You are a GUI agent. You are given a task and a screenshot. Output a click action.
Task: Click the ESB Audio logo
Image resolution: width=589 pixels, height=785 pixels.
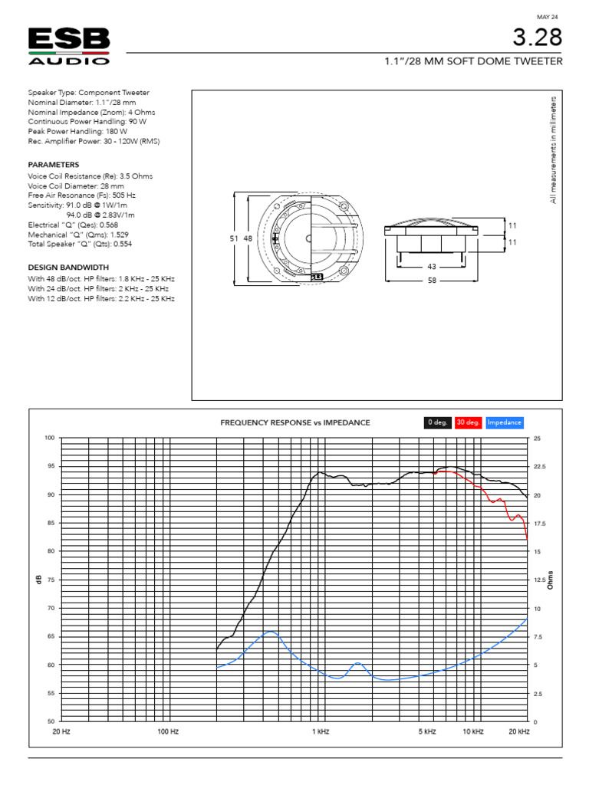pyautogui.click(x=69, y=46)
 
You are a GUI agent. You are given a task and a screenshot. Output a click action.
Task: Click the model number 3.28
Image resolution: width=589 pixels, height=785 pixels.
pyautogui.click(x=540, y=37)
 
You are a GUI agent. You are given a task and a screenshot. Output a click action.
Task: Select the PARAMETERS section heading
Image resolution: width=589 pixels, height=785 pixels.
pyautogui.click(x=53, y=165)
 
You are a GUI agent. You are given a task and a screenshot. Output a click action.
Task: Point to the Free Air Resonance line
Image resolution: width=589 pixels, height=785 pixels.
pyautogui.click(x=77, y=196)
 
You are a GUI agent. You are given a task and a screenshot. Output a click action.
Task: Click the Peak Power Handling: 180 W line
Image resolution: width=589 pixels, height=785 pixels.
pyautogui.click(x=77, y=131)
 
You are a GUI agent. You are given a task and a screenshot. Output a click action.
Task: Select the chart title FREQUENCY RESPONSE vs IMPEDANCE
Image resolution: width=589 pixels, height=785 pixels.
pyautogui.click(x=295, y=422)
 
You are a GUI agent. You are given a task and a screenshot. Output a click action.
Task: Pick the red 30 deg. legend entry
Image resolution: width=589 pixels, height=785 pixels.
pyautogui.click(x=468, y=422)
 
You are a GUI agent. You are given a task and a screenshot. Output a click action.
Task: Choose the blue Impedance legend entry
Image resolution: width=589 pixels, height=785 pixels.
pyautogui.click(x=505, y=422)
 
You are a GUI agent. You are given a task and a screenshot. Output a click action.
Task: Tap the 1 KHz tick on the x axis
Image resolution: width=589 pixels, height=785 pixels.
pyautogui.click(x=321, y=732)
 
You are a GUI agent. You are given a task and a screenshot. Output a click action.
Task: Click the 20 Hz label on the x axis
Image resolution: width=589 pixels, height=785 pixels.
pyautogui.click(x=61, y=732)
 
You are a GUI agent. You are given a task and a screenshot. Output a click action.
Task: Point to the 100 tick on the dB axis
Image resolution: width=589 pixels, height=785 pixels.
pyautogui.click(x=50, y=438)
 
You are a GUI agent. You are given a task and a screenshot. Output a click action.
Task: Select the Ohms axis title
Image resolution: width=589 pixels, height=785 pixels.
pyautogui.click(x=550, y=580)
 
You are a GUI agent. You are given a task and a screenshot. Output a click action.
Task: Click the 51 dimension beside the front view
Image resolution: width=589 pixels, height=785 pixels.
pyautogui.click(x=234, y=239)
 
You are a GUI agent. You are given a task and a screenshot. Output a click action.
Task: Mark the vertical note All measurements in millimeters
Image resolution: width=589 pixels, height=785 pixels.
pyautogui.click(x=553, y=149)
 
